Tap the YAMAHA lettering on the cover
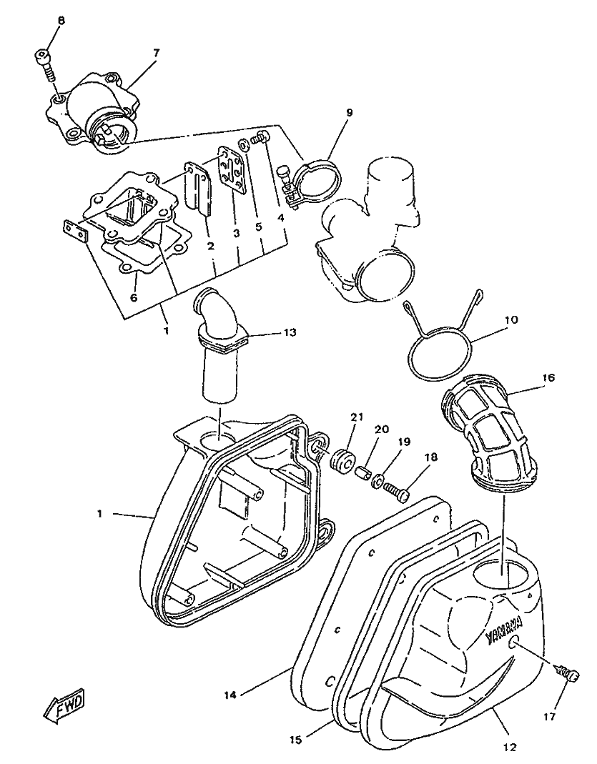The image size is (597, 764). coord(503,630)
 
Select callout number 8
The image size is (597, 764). coord(61,21)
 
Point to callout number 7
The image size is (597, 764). coord(156,53)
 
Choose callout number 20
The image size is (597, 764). coord(381,430)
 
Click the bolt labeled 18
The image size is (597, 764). coord(395,491)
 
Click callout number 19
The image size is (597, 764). coord(404,442)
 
